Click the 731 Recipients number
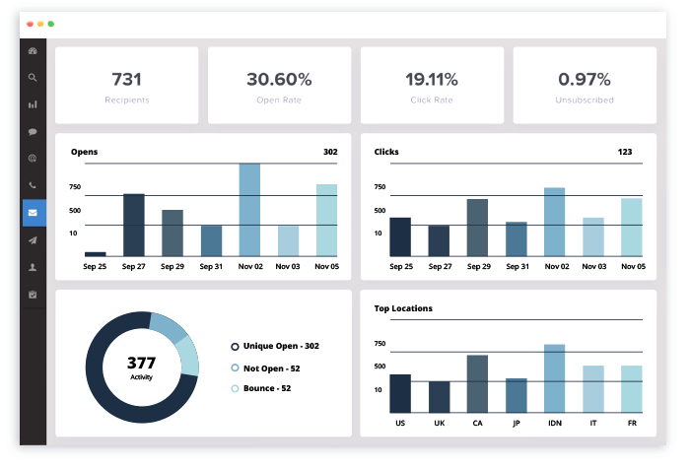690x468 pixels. coord(126,79)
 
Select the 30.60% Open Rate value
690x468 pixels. coord(279,79)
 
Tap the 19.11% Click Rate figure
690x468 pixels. coord(432,79)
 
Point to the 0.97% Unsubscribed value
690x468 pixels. coord(585,79)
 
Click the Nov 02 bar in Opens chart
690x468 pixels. coord(249,209)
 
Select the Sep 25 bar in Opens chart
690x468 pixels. coord(96,253)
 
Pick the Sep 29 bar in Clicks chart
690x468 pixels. coord(477,228)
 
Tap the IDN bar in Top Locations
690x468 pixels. coord(554,378)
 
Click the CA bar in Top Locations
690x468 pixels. coord(477,383)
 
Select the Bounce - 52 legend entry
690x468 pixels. coord(267,388)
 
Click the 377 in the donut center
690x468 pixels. coord(141,363)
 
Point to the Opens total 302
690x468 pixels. coord(330,153)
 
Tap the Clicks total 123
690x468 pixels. coord(625,153)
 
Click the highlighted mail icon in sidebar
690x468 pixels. coord(34,212)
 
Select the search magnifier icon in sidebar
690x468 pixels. coord(33,77)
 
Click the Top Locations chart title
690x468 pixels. coord(403,308)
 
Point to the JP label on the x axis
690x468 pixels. coord(516,423)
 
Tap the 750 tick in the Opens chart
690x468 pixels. coord(75,187)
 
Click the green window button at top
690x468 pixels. coord(51,23)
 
